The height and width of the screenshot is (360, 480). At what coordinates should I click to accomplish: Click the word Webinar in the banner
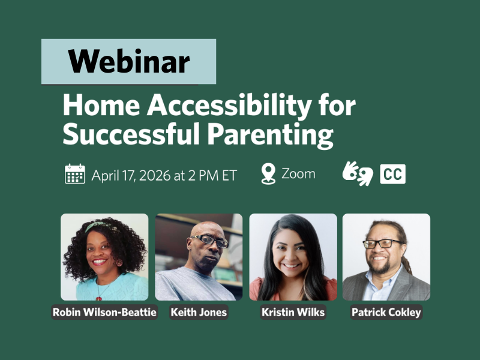click(128, 61)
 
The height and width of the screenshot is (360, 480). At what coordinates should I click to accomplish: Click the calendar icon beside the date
click(75, 175)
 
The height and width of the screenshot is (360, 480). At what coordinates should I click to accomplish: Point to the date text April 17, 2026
click(135, 175)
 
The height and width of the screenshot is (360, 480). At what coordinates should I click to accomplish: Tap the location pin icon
click(268, 174)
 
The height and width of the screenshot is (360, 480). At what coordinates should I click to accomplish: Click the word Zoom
click(298, 174)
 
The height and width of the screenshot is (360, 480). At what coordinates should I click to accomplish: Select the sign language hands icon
click(358, 174)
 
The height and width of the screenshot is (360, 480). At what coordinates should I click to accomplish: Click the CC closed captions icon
click(392, 174)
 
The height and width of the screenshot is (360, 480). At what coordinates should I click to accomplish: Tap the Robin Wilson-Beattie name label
click(104, 312)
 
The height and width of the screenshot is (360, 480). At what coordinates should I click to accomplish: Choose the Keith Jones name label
click(199, 312)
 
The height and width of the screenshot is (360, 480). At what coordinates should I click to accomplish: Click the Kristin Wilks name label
click(293, 312)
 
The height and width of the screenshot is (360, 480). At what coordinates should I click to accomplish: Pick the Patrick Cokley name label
click(386, 312)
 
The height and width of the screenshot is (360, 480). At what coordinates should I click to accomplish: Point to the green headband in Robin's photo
click(98, 226)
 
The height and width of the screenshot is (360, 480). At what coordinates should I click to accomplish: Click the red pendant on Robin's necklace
click(100, 296)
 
